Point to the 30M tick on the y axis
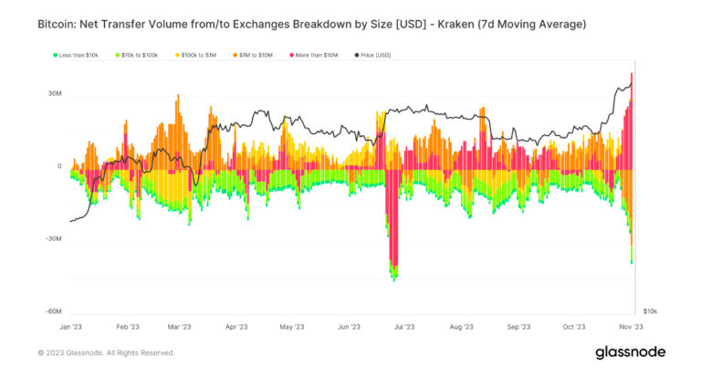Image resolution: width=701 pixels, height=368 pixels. click(x=53, y=94)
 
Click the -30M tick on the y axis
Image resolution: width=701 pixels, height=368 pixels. click(x=52, y=239)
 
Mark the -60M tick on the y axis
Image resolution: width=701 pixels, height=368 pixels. click(x=52, y=311)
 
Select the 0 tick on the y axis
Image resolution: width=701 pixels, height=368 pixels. click(x=58, y=166)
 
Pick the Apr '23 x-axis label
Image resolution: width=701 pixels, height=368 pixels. click(x=236, y=326)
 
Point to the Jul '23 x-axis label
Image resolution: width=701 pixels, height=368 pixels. click(x=405, y=326)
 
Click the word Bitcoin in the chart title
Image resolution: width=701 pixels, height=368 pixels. click(x=60, y=23)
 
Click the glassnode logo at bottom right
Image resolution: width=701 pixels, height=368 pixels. click(x=631, y=352)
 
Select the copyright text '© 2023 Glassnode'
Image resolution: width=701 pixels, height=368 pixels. click(x=78, y=352)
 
